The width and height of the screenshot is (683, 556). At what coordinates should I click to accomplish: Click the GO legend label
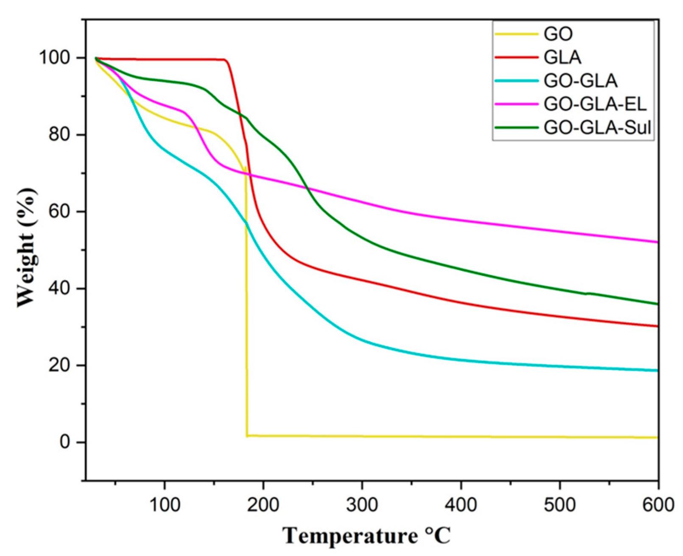558,34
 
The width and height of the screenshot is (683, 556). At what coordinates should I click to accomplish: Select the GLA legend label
563,57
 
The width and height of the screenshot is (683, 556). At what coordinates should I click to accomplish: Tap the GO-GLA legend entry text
580,81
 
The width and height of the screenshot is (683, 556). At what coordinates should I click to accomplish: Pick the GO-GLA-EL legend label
595,104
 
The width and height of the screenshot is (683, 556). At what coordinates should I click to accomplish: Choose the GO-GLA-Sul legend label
597,127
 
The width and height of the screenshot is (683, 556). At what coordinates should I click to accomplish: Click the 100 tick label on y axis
55,58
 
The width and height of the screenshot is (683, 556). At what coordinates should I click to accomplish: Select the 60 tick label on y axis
61,211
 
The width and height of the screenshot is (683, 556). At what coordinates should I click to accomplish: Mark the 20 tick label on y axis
61,365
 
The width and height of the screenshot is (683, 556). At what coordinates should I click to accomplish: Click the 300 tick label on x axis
362,505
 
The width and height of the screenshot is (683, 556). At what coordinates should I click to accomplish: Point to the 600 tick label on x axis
658,505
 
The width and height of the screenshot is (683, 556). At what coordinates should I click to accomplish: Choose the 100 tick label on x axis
164,505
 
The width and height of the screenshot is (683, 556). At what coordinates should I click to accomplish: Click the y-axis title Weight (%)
26,248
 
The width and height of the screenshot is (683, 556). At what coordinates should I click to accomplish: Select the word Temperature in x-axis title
350,535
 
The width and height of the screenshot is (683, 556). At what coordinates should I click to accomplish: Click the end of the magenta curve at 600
657,242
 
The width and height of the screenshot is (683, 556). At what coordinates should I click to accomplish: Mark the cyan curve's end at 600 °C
657,370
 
